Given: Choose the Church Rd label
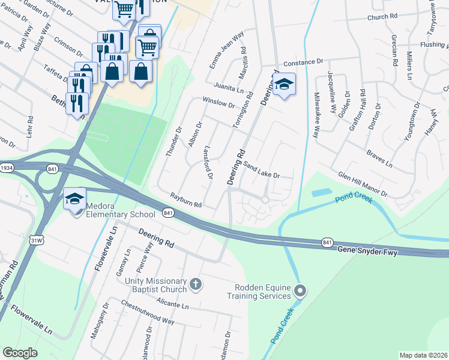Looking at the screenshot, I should click(378, 17).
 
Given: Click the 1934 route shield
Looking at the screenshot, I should click(7, 168).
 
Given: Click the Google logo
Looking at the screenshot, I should click(20, 353).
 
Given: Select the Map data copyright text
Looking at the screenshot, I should click(424, 355).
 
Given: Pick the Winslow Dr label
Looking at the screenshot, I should click(218, 103).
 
